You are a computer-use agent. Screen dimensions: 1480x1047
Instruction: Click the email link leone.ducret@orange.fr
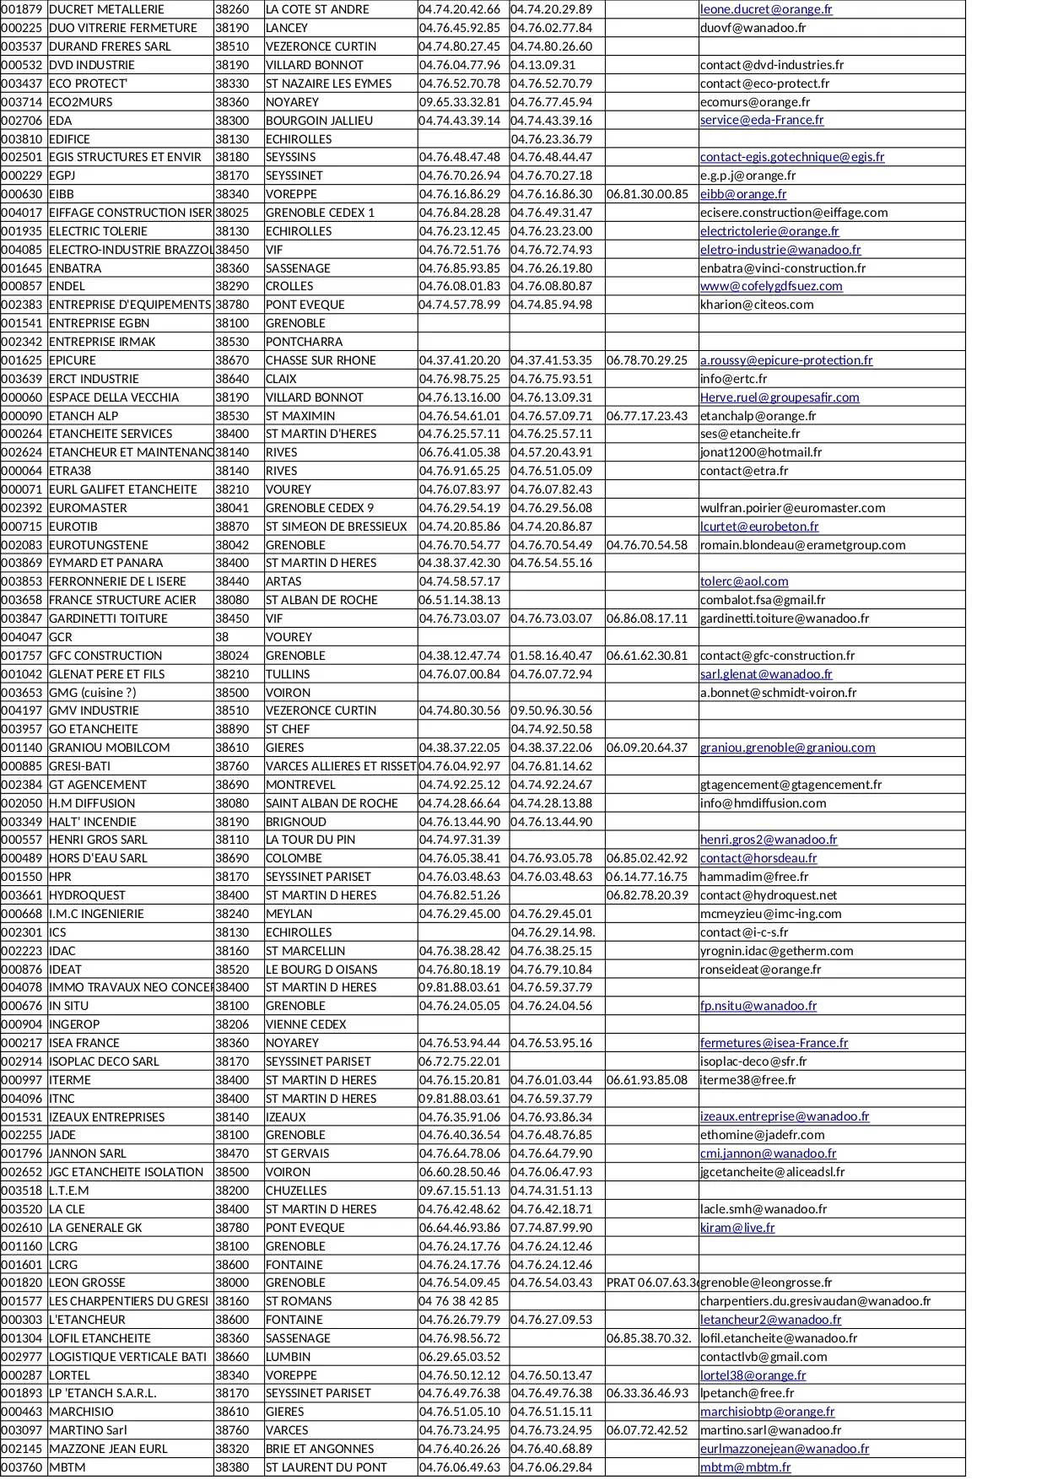click(765, 9)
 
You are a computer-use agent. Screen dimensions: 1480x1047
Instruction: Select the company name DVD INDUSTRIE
click(91, 65)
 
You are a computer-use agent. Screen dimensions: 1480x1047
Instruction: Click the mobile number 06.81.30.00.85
click(646, 194)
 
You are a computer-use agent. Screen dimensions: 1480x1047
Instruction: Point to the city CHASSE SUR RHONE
click(321, 360)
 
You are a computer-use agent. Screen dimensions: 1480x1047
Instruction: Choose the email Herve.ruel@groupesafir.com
click(779, 397)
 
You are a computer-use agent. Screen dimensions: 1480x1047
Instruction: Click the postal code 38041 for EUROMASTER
click(232, 508)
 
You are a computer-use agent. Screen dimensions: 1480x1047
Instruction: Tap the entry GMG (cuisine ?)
click(92, 693)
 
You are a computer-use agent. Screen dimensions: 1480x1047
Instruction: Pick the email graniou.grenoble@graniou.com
click(787, 748)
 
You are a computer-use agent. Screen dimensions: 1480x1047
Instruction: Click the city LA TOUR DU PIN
click(310, 840)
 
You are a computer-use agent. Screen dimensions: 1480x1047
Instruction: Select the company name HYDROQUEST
click(87, 895)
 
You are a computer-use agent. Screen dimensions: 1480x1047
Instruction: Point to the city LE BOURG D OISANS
click(321, 970)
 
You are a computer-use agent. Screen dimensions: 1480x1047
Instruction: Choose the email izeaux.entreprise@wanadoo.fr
click(784, 1116)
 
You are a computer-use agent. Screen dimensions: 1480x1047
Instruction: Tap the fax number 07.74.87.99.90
click(551, 1228)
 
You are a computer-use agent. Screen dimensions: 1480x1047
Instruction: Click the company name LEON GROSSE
click(87, 1283)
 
